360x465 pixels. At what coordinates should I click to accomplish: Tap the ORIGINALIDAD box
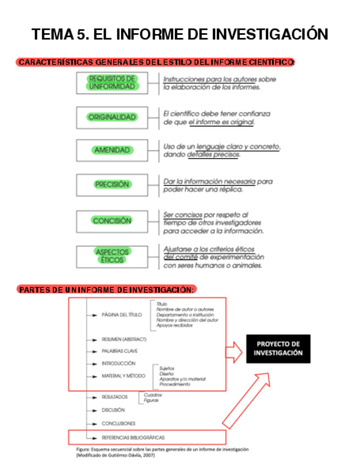(112, 117)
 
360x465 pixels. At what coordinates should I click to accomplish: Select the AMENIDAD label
(112, 150)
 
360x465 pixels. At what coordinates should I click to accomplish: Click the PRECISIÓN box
(112, 185)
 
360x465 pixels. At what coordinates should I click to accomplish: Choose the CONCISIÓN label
(112, 220)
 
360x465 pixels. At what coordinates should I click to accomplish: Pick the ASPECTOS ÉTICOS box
(112, 256)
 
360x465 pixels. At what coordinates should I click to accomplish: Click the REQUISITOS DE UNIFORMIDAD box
(112, 83)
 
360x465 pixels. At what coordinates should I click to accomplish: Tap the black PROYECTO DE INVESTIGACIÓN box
(278, 348)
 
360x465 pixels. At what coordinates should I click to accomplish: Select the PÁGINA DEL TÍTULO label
(121, 315)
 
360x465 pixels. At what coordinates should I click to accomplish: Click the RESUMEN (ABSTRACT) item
(124, 339)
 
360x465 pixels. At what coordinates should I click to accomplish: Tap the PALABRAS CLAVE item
(120, 351)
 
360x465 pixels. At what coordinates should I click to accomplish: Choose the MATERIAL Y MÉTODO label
(123, 376)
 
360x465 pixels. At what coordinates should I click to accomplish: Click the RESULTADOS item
(114, 396)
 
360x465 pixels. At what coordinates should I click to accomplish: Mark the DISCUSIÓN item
(113, 410)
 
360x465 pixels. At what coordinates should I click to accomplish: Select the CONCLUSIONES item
(119, 423)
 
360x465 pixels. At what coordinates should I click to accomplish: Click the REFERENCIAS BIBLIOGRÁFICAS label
(133, 438)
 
